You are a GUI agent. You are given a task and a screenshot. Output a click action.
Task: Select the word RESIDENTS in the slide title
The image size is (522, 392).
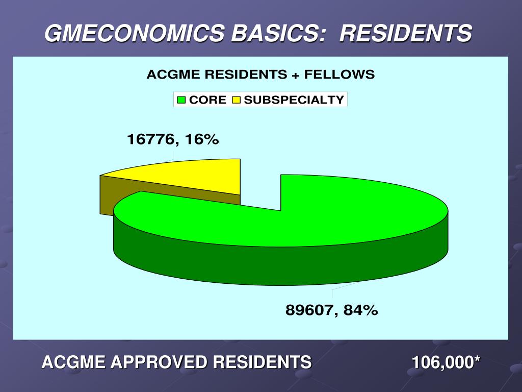(x=405, y=34)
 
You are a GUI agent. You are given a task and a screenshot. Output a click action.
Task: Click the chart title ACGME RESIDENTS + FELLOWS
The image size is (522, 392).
(x=260, y=75)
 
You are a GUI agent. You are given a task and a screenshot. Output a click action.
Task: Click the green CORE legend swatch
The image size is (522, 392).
(x=181, y=100)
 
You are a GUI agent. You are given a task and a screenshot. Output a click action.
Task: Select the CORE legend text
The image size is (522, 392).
(x=207, y=100)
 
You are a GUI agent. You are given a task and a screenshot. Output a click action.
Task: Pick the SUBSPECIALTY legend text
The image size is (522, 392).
(x=294, y=100)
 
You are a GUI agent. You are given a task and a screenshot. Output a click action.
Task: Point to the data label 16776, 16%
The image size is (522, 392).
(x=173, y=139)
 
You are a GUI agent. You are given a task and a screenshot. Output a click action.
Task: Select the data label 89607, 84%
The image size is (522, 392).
(x=331, y=310)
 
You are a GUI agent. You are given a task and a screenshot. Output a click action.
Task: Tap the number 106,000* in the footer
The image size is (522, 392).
(x=446, y=362)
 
